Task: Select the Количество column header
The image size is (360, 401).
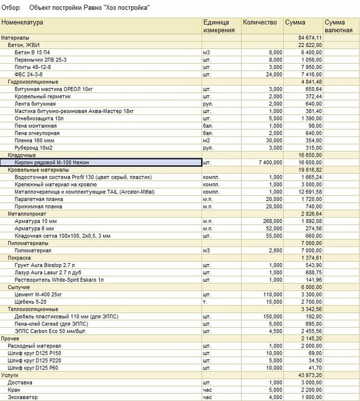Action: (259, 22)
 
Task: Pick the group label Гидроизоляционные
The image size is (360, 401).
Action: (33, 82)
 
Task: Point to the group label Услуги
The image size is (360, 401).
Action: (11, 375)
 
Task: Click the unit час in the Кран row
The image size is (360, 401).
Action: (208, 390)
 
